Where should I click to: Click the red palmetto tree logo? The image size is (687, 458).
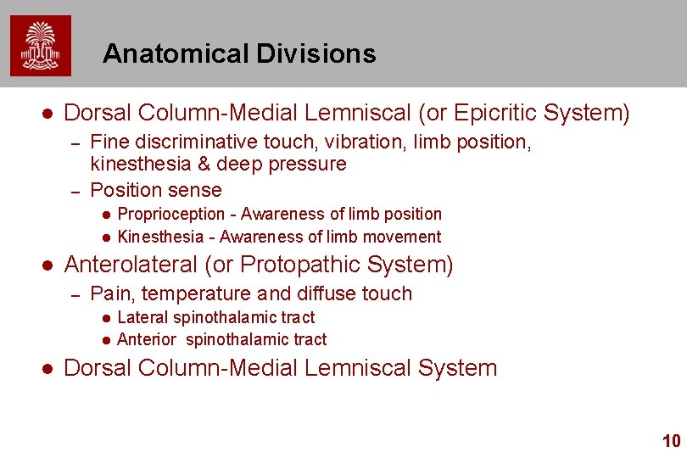pos(41,46)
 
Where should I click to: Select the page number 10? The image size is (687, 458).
pos(671,441)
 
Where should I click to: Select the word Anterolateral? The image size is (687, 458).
pos(131,265)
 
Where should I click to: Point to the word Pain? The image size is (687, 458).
pos(108,294)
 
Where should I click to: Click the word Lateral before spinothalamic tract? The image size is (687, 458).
pos(142,317)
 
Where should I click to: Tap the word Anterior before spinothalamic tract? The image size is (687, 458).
pos(147,339)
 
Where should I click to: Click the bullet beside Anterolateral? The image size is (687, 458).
pos(48,265)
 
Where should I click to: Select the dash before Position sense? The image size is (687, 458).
pos(74,190)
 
